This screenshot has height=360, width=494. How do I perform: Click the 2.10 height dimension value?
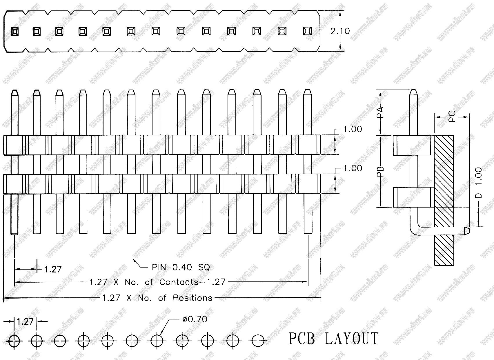click(x=340, y=31)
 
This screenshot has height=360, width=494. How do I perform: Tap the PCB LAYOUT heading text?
click(x=333, y=339)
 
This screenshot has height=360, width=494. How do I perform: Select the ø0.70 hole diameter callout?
click(x=195, y=319)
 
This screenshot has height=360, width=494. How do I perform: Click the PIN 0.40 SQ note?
click(x=181, y=267)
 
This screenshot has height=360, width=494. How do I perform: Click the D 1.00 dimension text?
click(x=479, y=183)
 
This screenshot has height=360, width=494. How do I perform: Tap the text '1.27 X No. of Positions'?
click(x=157, y=298)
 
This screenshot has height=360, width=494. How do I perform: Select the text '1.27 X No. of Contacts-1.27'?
click(x=157, y=282)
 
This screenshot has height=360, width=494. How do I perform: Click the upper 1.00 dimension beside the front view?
click(x=353, y=129)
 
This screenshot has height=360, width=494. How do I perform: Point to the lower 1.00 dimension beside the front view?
click(x=353, y=168)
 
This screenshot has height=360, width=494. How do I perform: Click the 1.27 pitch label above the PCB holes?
click(x=26, y=321)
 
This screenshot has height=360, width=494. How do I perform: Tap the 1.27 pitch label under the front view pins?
click(x=53, y=269)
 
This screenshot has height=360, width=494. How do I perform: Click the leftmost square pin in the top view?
click(x=14, y=31)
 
